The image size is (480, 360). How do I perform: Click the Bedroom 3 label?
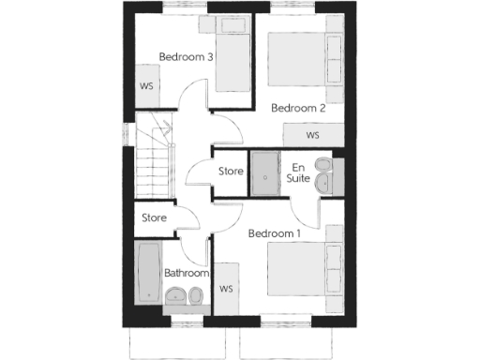coord(186,57)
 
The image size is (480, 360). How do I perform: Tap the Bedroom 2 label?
coord(298,108)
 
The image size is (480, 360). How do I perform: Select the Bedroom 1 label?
coord(275,233)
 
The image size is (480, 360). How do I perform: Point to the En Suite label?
coord(298,172)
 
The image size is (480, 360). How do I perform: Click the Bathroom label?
coord(185,274)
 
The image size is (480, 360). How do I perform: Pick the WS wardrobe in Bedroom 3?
coord(147,86)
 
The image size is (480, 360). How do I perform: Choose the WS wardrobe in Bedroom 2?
coord(312,135)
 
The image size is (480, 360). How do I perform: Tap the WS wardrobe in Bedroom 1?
coord(226,288)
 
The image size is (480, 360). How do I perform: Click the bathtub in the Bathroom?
coord(148,271)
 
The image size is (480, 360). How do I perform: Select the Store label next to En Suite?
coord(231,172)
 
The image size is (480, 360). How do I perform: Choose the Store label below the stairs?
coord(154,217)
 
